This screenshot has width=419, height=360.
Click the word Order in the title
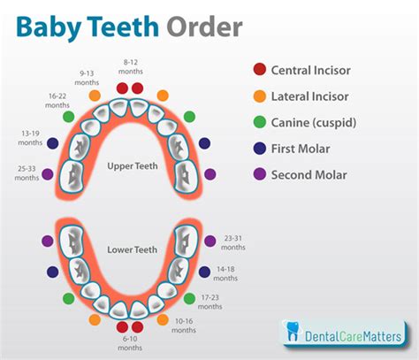point(204,27)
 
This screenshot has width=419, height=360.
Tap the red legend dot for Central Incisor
point(260,69)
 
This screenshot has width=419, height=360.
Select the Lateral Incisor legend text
point(309,96)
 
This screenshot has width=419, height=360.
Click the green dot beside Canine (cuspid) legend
point(260,122)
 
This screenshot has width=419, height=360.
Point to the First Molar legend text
point(301,149)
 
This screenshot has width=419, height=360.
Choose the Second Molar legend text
point(309,175)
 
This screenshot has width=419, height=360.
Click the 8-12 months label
point(131,67)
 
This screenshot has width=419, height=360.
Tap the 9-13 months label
point(87,78)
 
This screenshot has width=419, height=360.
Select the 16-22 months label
point(57,101)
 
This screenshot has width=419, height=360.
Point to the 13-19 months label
point(30,138)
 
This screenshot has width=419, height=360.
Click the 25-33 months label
point(27,173)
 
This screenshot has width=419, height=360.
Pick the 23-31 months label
point(233,242)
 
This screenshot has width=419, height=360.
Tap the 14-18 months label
point(225,273)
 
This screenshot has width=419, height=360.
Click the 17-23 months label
point(209,302)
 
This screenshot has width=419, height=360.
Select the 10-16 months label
point(184,326)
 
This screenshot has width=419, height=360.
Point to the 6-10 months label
point(130,343)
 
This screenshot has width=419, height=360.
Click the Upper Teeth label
point(133,166)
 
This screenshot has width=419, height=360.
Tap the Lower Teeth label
point(132,249)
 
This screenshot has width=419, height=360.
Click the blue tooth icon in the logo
point(293,331)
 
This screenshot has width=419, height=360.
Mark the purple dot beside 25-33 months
point(48,174)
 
